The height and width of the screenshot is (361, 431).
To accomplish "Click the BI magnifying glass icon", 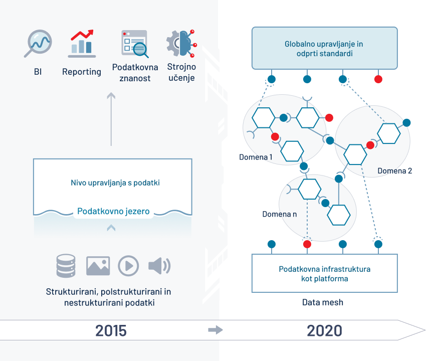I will pyautogui.click(x=38, y=43).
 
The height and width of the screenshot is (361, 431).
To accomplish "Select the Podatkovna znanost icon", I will pyautogui.click(x=134, y=43).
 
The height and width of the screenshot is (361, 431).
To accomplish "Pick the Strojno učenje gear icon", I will pyautogui.click(x=181, y=43).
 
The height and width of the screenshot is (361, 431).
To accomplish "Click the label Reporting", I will pyautogui.click(x=82, y=72).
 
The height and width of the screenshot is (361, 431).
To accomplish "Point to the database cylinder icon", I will pyautogui.click(x=66, y=266).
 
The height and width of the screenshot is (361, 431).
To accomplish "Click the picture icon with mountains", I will pyautogui.click(x=98, y=266).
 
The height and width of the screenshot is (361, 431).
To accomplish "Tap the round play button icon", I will pyautogui.click(x=128, y=266).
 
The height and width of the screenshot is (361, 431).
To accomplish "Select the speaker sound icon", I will pyautogui.click(x=159, y=266).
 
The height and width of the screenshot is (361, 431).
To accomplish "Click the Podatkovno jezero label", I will pyautogui.click(x=113, y=212).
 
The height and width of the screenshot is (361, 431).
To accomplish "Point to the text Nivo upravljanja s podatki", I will pyautogui.click(x=115, y=183).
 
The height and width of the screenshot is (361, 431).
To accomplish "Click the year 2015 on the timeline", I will pyautogui.click(x=111, y=331).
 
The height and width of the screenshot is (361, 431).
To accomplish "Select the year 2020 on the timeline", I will pyautogui.click(x=324, y=331).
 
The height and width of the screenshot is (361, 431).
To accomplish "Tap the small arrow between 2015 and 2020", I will pyautogui.click(x=215, y=330).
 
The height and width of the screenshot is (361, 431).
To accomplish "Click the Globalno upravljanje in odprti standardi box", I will pyautogui.click(x=324, y=48).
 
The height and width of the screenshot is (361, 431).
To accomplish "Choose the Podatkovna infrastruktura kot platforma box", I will pyautogui.click(x=324, y=273).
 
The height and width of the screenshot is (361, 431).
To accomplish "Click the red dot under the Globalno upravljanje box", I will pyautogui.click(x=378, y=79).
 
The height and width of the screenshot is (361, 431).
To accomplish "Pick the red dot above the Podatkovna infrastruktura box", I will pyautogui.click(x=307, y=244).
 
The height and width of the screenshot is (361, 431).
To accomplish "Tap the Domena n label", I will pyautogui.click(x=280, y=214).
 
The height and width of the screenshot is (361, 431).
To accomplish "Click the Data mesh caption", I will pyautogui.click(x=323, y=302).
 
